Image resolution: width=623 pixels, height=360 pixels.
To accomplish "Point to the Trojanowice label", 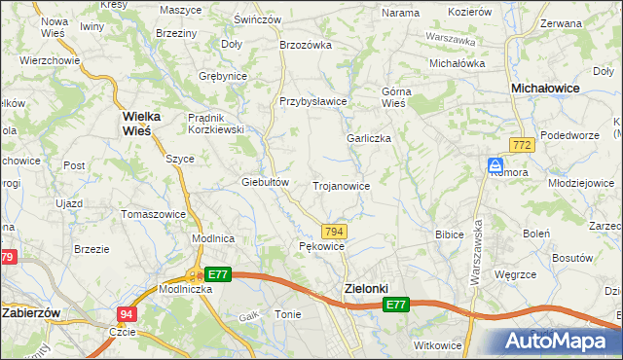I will coord(341,185).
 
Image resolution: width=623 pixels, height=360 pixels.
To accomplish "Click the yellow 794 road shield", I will coord(334,231).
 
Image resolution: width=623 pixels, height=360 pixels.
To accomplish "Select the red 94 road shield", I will coord(127,313).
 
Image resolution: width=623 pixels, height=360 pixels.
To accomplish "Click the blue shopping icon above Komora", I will coord(495,165).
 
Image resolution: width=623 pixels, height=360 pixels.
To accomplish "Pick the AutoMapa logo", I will coord(558,342).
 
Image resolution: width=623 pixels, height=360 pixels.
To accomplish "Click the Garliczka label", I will coord(369,138).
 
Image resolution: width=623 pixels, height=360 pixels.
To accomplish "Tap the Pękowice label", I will coord(321,247).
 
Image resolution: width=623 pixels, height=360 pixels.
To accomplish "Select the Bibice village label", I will coord(449,234).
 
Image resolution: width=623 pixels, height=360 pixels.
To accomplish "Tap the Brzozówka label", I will coord(307,45).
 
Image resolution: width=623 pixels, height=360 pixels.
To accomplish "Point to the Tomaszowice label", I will coord(153,213).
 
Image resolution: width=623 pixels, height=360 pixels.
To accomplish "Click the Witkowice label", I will coord(436,345).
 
